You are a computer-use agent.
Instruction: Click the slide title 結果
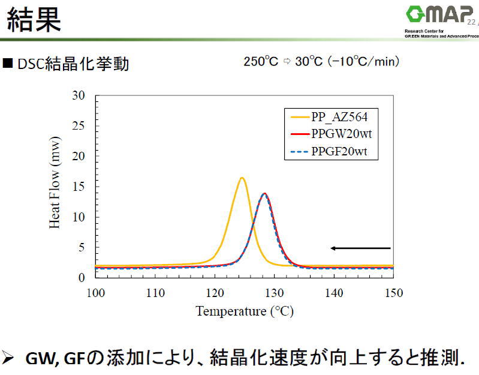tap(34, 19)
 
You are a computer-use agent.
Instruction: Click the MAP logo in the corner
tap(441, 15)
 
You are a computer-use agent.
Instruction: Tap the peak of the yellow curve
tap(242, 178)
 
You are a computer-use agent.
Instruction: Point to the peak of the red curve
tap(264, 193)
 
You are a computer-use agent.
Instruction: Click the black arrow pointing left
tap(360, 248)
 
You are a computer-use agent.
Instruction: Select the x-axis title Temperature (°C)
tap(244, 311)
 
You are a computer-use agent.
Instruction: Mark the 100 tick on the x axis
tap(95, 293)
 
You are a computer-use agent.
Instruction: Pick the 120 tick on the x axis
tap(215, 293)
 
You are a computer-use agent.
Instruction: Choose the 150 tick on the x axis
tap(393, 293)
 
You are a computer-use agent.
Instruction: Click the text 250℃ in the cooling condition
tap(261, 62)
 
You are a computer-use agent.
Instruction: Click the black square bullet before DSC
tap(8, 63)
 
